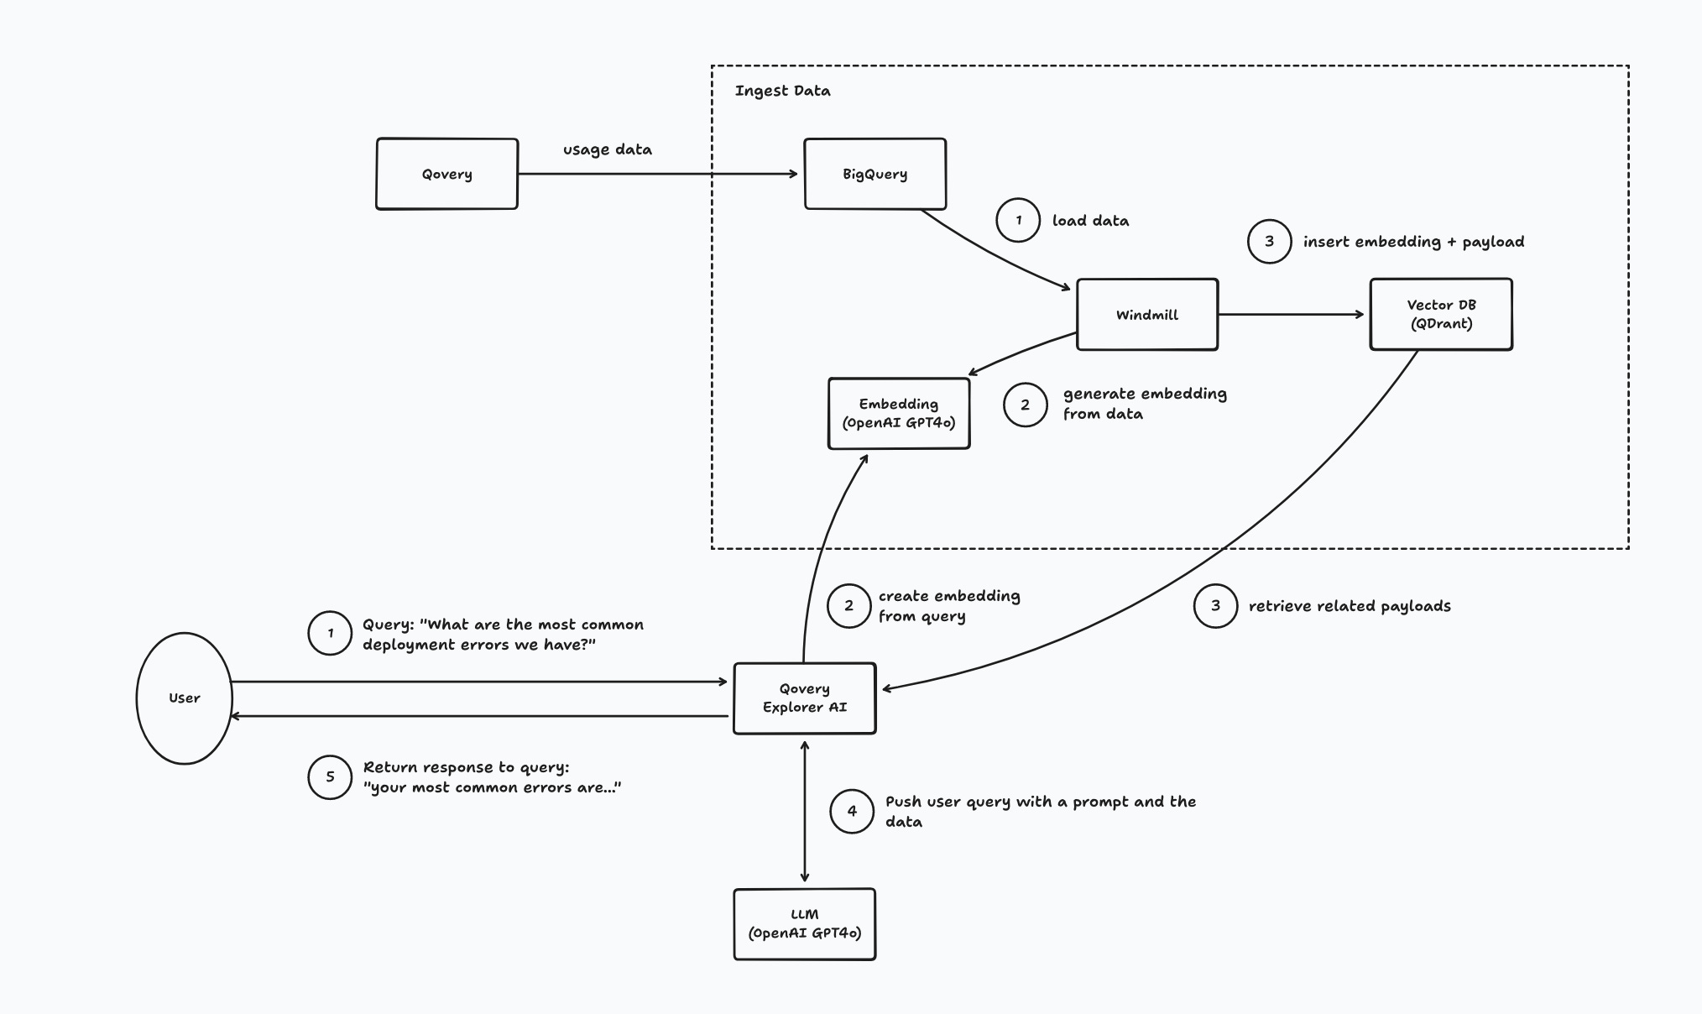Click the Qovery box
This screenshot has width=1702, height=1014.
(x=446, y=174)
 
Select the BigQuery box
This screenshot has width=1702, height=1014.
(x=874, y=174)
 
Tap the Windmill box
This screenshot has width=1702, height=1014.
(x=1146, y=315)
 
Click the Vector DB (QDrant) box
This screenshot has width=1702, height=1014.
(x=1440, y=314)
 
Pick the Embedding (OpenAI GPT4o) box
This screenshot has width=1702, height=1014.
(x=898, y=413)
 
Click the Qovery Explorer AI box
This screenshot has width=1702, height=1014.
(x=804, y=698)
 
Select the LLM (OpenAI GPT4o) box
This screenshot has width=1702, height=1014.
(x=804, y=923)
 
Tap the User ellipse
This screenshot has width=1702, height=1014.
(x=184, y=698)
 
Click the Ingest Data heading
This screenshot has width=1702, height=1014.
(x=782, y=91)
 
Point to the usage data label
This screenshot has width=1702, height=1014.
(x=607, y=149)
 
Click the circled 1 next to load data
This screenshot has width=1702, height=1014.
(x=1018, y=221)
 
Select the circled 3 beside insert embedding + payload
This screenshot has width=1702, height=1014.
(x=1269, y=242)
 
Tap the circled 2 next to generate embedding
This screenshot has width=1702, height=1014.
(x=1025, y=405)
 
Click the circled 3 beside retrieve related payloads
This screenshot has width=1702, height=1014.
(x=1215, y=606)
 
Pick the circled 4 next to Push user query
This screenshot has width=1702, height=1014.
(x=852, y=811)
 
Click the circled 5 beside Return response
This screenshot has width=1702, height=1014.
(x=330, y=777)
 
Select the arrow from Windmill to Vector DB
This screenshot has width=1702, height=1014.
(x=1291, y=315)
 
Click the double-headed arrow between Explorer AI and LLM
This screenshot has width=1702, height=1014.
(x=805, y=811)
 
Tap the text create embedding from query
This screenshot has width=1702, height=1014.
(x=948, y=606)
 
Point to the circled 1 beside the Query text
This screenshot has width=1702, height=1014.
(x=330, y=633)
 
